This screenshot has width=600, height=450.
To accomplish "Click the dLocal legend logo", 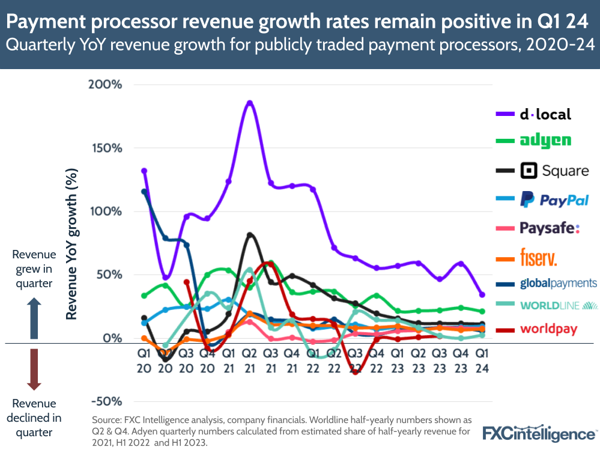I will (545, 114).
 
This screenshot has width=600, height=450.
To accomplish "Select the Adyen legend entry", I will (545, 141).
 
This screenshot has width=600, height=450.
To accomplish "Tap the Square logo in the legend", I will (556, 171).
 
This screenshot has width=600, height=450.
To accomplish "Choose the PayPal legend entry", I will (554, 200).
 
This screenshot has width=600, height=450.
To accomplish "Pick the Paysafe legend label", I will (550, 228).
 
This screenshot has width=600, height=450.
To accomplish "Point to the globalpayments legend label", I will (558, 283).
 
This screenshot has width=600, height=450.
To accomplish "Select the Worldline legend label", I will (559, 306).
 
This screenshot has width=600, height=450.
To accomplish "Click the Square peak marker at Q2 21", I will (250, 235).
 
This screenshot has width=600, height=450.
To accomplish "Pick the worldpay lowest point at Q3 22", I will (356, 372).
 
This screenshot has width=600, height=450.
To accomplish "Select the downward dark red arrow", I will (34, 369).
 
